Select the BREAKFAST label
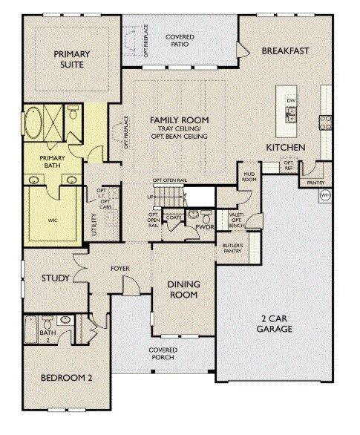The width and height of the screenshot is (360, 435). tap(284, 51)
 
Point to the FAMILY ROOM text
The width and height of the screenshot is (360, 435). tap(179, 120)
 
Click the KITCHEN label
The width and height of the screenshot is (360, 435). tap(286, 148)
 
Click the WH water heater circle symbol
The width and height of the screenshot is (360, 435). tap(324, 195)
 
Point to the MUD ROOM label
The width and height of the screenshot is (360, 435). tap(249, 177)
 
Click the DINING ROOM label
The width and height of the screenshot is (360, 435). tap(182, 289)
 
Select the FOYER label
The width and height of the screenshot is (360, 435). tap(121, 268)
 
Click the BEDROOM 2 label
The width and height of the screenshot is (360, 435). tap(67, 377)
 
